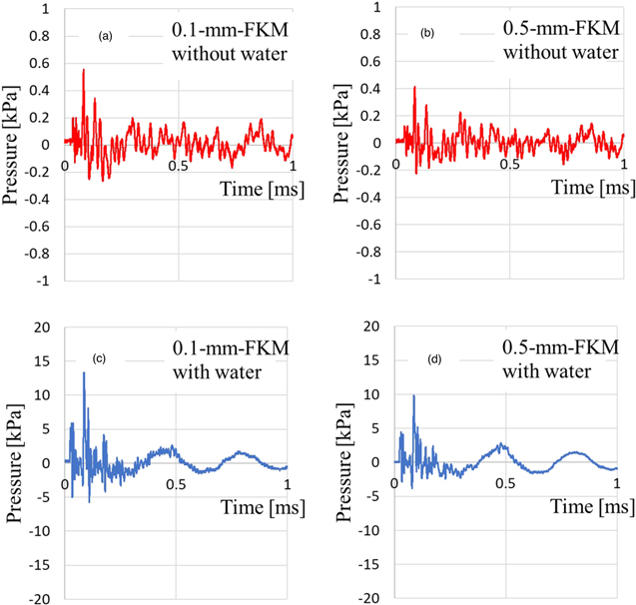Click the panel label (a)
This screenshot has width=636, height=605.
104,36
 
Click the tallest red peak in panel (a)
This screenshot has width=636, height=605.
84,70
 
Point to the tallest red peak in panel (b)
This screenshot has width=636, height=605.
414,88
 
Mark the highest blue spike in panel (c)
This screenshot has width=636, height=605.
84,372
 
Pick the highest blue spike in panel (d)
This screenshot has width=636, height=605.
413,395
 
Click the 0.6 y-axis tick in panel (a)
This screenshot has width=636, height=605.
47,62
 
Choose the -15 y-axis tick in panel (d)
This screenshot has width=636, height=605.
370,564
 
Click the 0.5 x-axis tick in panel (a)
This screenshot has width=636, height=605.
178,167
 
